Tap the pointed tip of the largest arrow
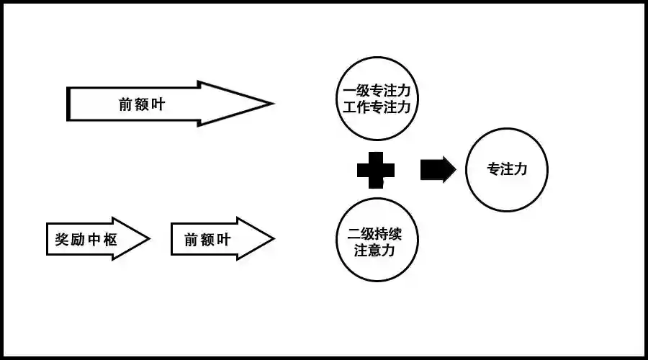tap(271, 104)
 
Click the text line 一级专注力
tap(377, 91)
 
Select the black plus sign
tap(377, 170)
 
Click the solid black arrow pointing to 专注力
tap(437, 170)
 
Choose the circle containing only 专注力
tap(507, 170)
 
